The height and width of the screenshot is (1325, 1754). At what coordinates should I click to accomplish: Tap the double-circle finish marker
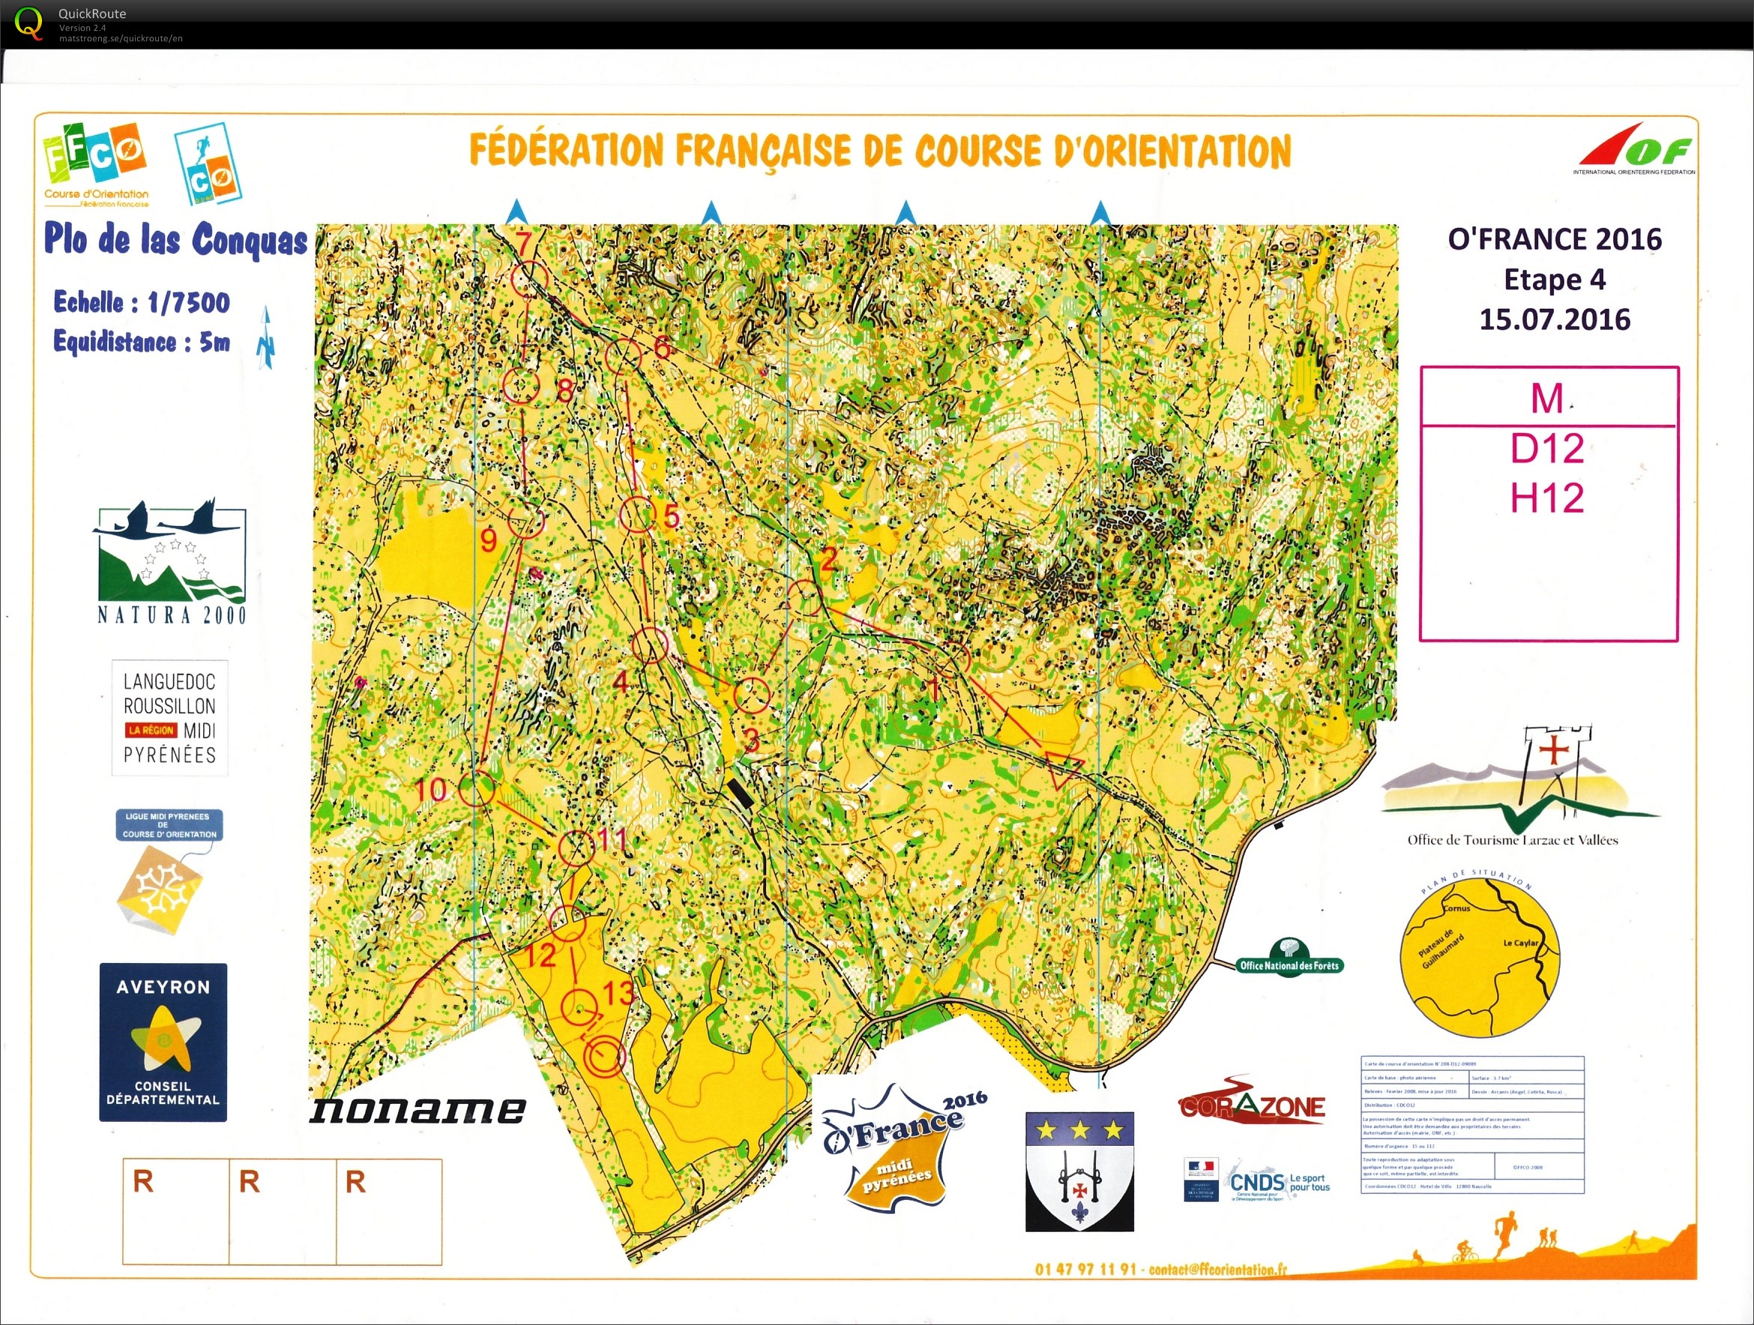point(604,1056)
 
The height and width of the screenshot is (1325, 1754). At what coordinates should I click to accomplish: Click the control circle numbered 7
point(530,279)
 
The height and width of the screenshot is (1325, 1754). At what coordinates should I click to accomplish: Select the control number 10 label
point(430,789)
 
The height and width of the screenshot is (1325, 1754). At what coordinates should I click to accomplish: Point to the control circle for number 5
point(636,516)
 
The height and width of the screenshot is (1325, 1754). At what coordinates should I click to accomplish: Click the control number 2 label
point(828,560)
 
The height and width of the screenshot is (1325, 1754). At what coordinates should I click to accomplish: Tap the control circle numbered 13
point(579,1007)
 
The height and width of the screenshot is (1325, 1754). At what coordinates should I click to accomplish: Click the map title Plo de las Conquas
point(175,240)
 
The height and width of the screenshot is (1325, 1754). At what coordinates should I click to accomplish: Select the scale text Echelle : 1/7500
point(142,302)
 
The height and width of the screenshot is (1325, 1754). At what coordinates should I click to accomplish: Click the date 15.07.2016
point(1554,319)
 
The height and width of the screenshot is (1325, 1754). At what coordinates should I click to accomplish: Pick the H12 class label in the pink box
point(1546,498)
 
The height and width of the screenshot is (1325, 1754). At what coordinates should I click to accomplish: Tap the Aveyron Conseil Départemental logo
point(163,1042)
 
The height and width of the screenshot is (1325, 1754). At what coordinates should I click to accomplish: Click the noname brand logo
point(417,1109)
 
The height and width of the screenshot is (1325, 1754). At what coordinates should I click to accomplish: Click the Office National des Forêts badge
point(1289,959)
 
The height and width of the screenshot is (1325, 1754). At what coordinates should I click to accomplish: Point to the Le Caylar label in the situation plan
point(1520,943)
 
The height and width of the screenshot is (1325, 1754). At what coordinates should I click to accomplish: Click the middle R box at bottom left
point(283,1211)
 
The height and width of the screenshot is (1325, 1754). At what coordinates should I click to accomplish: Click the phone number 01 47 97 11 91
point(1085,1270)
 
